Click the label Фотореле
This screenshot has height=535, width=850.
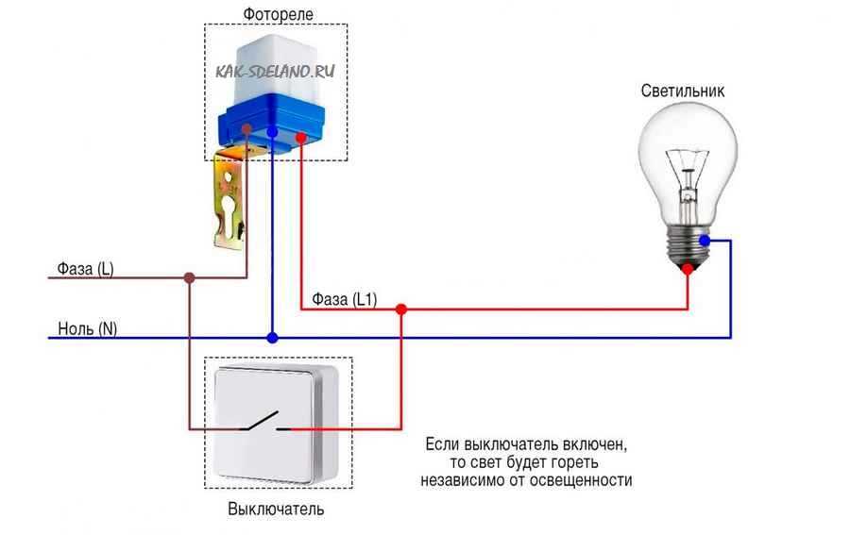pyautogui.click(x=278, y=14)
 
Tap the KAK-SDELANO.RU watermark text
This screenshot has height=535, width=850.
pyautogui.click(x=275, y=71)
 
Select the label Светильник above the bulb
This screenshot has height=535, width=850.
pyautogui.click(x=683, y=91)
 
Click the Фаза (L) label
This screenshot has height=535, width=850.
pyautogui.click(x=85, y=269)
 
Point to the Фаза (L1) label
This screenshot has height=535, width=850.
pyautogui.click(x=344, y=299)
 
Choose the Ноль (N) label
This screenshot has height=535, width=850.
pyautogui.click(x=87, y=328)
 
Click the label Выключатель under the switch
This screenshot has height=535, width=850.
pyautogui.click(x=276, y=509)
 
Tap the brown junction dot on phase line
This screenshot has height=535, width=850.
pyautogui.click(x=189, y=277)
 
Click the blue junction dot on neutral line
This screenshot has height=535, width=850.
pyautogui.click(x=273, y=338)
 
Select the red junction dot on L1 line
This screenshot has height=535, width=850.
pyautogui.click(x=401, y=309)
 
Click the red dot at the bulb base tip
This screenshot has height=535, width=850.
pyautogui.click(x=688, y=269)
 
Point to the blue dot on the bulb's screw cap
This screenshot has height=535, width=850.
pyautogui.click(x=705, y=241)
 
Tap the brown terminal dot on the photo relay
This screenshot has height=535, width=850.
pyautogui.click(x=246, y=129)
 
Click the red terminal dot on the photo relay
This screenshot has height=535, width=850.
pyautogui.click(x=301, y=138)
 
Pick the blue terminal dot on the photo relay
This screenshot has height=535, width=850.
pyautogui.click(x=273, y=132)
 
